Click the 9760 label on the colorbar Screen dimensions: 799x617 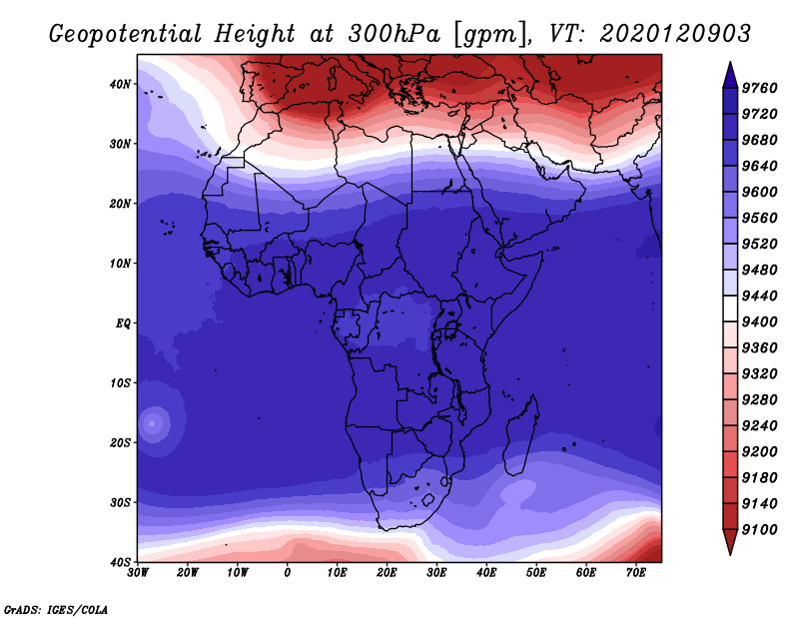(759, 88)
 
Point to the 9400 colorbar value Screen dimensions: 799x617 (759, 322)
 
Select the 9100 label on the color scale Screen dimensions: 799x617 (759, 530)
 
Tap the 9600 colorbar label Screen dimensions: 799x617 (759, 192)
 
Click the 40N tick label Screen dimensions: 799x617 (120, 84)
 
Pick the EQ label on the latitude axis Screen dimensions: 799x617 (123, 323)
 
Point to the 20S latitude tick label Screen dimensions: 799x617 (120, 442)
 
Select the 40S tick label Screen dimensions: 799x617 (120, 562)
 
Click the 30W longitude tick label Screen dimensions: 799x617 (138, 573)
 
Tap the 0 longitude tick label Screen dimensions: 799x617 (288, 573)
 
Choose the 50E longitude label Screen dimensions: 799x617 (536, 573)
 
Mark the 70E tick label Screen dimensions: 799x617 (635, 573)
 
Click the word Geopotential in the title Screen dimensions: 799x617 (126, 34)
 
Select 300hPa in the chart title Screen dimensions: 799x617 (394, 34)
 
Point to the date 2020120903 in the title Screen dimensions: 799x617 (675, 34)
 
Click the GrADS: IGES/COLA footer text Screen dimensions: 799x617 (56, 610)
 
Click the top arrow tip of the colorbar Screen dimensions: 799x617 (730, 62)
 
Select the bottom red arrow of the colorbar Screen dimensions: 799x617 (730, 542)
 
